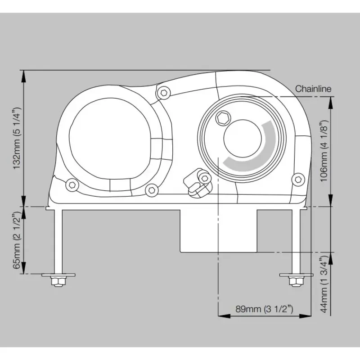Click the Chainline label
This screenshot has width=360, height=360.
(x=313, y=89)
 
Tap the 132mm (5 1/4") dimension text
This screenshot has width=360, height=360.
(x=17, y=138)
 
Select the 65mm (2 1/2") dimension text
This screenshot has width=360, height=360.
(x=17, y=240)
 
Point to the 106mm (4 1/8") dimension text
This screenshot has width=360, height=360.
(x=324, y=151)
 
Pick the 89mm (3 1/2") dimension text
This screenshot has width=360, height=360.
(x=264, y=309)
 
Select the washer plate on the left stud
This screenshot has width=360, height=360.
(x=58, y=275)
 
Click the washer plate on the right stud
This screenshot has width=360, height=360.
(x=296, y=275)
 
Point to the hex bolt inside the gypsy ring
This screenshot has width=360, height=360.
(x=223, y=118)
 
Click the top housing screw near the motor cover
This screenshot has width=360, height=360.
(x=163, y=93)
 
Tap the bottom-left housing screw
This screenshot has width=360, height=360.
(x=72, y=185)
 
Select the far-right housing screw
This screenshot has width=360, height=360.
(x=298, y=179)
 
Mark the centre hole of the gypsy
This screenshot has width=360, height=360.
(x=243, y=139)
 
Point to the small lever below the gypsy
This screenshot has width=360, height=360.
(x=198, y=183)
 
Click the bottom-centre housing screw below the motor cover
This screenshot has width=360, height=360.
(x=152, y=190)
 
